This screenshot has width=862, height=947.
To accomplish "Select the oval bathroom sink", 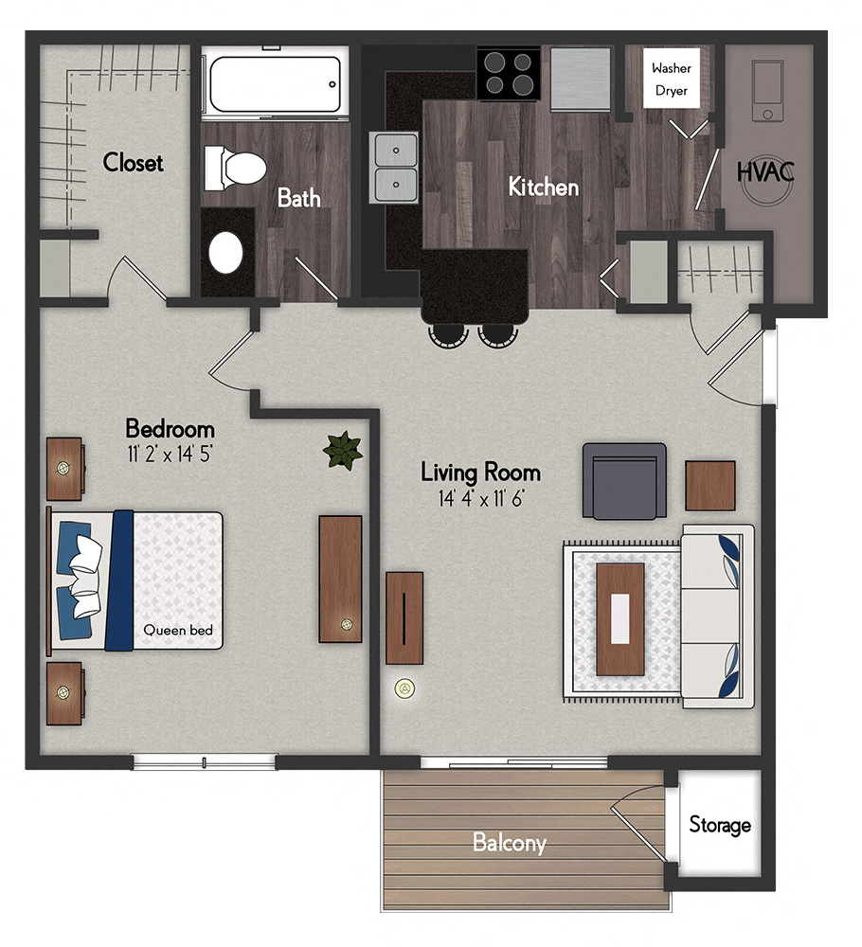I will coord(227,252).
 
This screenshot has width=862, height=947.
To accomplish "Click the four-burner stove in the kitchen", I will coord(508,74).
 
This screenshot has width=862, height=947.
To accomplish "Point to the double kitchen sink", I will coord(396,167).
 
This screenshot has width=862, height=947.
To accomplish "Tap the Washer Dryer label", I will coord(672,80).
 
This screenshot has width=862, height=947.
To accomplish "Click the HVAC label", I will coord(765,173).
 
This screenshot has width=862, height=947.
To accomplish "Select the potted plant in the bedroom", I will coord(342,450).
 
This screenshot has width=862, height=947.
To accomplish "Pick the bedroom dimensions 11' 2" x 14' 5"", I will coord(171,454).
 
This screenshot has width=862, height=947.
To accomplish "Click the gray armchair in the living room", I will coord(622,481).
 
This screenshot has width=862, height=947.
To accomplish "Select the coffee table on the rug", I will coord(620,618).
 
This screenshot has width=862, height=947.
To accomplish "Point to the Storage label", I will coord(720,825).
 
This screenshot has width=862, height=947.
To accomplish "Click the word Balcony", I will coord(510,842).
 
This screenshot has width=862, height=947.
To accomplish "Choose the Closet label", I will coord(134,163).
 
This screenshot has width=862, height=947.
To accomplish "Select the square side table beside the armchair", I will coord(710,486).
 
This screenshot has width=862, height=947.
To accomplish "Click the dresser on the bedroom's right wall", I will coord(340,579).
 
